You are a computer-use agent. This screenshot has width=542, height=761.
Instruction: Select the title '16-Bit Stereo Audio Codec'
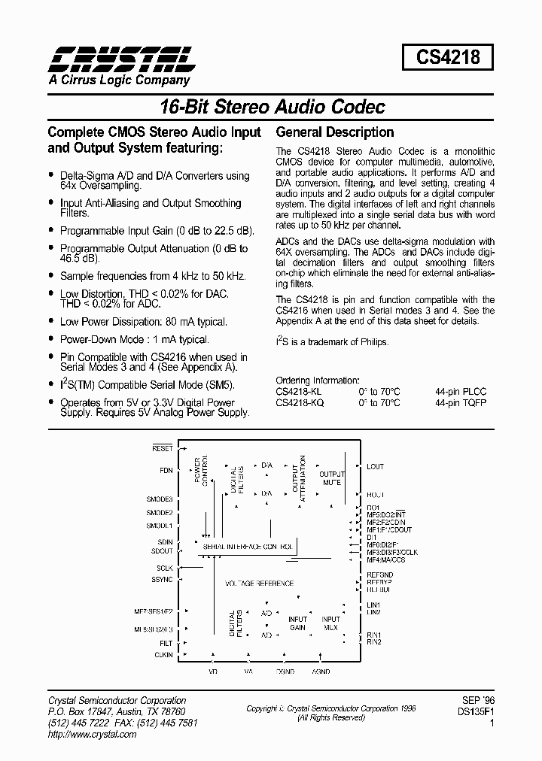pyautogui.click(x=272, y=107)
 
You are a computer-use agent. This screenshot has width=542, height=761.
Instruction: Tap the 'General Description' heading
pyautogui.click(x=335, y=132)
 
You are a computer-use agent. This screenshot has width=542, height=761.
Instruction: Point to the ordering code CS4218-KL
pyautogui.click(x=300, y=392)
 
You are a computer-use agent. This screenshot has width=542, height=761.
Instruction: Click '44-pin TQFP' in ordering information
pyautogui.click(x=461, y=402)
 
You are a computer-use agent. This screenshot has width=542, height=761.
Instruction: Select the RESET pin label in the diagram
pyautogui.click(x=162, y=448)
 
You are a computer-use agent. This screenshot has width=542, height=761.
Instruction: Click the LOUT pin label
pyautogui.click(x=375, y=466)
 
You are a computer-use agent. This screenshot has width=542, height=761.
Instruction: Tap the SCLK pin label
pyautogui.click(x=165, y=568)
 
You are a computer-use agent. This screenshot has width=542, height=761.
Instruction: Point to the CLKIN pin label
pyautogui.click(x=163, y=655)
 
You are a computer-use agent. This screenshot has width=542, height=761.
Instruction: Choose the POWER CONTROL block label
pyautogui.click(x=201, y=471)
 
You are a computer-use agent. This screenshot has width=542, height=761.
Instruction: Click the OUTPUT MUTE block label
pyautogui.click(x=331, y=478)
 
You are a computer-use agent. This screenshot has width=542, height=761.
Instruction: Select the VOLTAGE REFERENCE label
pyautogui.click(x=260, y=584)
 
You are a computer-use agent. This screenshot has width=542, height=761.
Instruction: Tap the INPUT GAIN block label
pyautogui.click(x=298, y=623)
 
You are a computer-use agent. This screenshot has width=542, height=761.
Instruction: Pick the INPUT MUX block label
pyautogui.click(x=330, y=623)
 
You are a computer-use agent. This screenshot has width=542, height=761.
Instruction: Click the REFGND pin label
pyautogui.click(x=380, y=575)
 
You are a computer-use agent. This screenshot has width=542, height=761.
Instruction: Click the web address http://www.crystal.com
pyautogui.click(x=92, y=734)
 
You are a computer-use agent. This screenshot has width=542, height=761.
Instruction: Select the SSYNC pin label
pyautogui.click(x=163, y=579)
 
